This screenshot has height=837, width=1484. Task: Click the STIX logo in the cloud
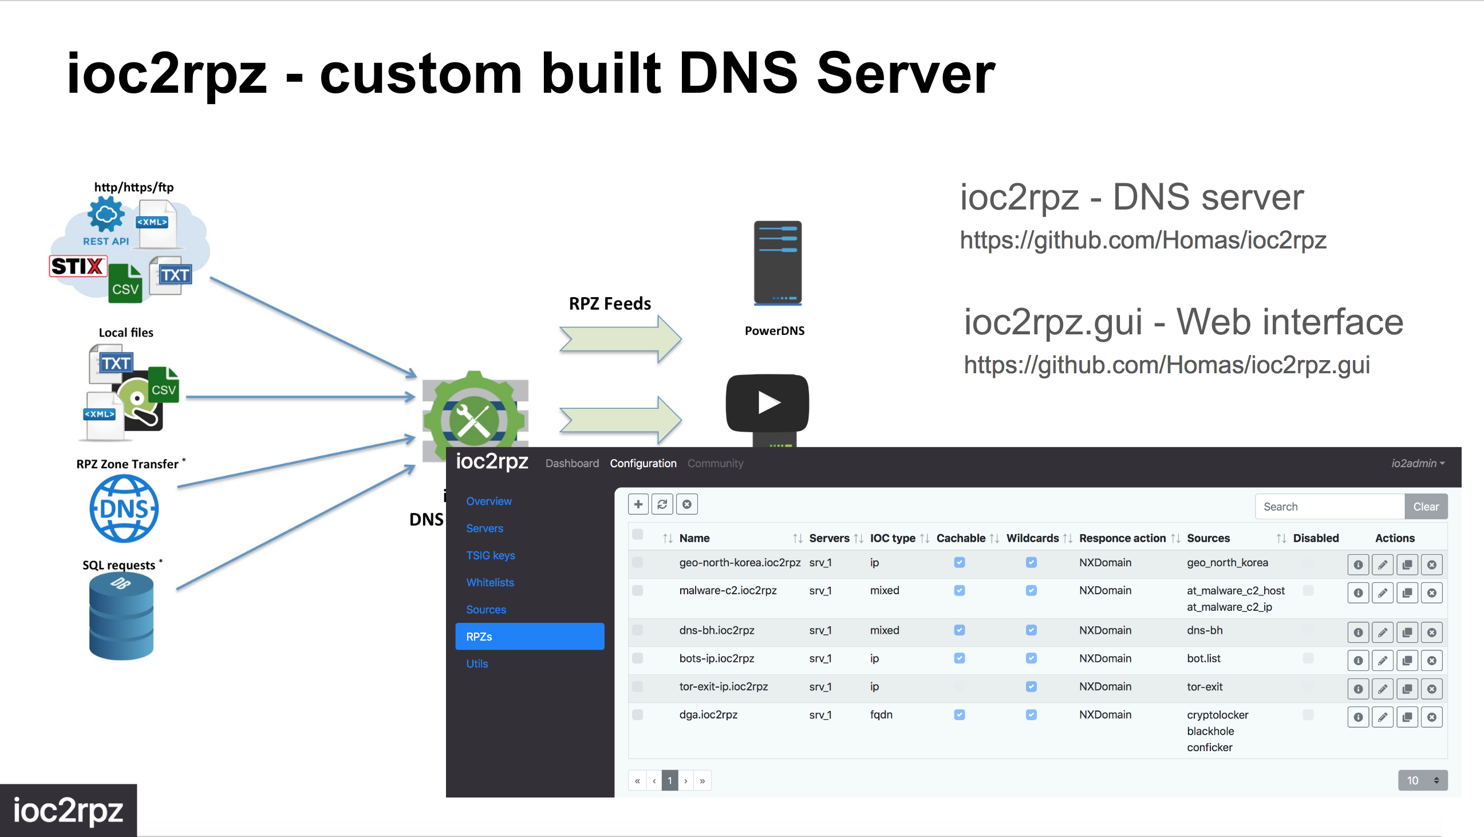[78, 266]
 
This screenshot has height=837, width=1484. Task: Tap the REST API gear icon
[106, 214]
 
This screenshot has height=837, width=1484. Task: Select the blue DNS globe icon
[124, 508]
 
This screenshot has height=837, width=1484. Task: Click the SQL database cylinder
[121, 617]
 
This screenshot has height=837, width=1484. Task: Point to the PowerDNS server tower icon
[777, 263]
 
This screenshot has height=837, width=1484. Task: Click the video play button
[767, 402]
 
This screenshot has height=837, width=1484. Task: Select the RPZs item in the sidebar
[530, 637]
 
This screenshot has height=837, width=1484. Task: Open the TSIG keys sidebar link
[491, 555]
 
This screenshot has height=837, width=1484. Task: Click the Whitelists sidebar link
[490, 582]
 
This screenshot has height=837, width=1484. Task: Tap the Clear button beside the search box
[1426, 507]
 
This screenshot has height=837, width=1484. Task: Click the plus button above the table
[638, 504]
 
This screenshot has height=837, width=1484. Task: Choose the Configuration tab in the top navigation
[643, 464]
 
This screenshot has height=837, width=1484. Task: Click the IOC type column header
[893, 538]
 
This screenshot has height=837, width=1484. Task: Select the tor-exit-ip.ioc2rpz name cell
[724, 686]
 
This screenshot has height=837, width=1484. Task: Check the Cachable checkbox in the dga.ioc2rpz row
[959, 715]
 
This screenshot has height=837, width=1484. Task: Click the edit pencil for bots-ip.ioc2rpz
[1383, 661]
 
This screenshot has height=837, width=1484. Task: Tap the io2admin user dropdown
[1418, 464]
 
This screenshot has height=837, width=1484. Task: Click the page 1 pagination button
[669, 781]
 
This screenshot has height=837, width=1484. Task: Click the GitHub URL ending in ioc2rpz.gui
[1167, 365]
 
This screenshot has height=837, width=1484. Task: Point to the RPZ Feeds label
[610, 303]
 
